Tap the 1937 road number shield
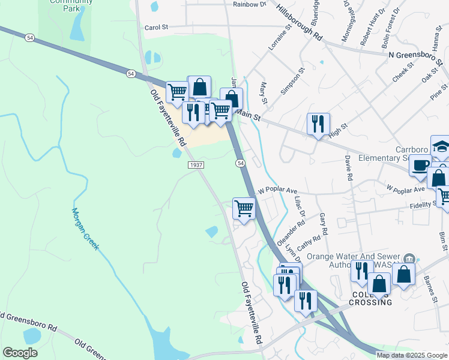(196, 165)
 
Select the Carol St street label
(158, 27)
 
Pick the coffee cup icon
(421, 165)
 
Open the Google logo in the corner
(20, 353)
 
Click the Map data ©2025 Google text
(412, 355)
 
